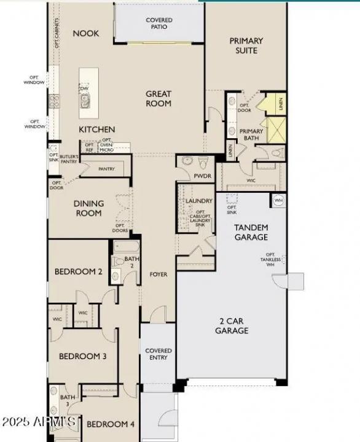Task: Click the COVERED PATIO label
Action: (x=159, y=24)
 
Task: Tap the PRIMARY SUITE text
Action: (x=246, y=45)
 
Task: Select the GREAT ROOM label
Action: (x=158, y=99)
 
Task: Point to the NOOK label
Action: (x=86, y=33)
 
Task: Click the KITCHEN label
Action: (x=96, y=130)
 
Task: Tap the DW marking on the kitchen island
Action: (x=85, y=88)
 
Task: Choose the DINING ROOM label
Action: (x=88, y=208)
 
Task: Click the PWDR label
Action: (x=202, y=176)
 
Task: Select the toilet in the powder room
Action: (x=188, y=161)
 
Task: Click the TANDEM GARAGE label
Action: (x=251, y=232)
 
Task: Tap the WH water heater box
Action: (x=278, y=200)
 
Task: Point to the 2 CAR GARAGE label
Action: (x=232, y=325)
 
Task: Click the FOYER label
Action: (x=158, y=274)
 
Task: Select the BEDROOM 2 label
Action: (x=78, y=271)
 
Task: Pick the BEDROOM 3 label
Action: (x=83, y=356)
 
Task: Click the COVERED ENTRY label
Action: (x=158, y=354)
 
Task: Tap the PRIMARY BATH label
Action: (x=251, y=134)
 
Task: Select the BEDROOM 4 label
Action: (x=110, y=424)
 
